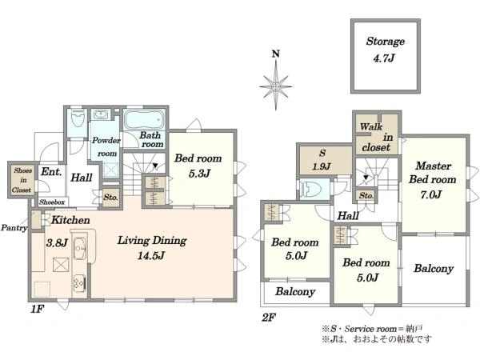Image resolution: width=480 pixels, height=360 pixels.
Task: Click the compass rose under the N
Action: pyautogui.click(x=276, y=86)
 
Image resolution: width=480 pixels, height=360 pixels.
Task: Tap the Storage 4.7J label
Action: pyautogui.click(x=385, y=50)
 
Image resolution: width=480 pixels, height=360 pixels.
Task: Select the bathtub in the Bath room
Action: pyautogui.click(x=144, y=120)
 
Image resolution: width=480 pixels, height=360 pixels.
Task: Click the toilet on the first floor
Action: pyautogui.click(x=77, y=118)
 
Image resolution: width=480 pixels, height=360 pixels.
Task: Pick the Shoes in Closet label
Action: pyautogui.click(x=22, y=180)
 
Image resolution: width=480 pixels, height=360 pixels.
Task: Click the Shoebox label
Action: pyautogui.click(x=52, y=202)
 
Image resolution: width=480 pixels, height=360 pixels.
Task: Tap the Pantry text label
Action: pyautogui.click(x=14, y=227)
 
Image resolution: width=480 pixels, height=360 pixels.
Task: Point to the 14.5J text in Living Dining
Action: pyautogui.click(x=151, y=255)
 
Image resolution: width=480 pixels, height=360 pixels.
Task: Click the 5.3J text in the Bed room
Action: pyautogui.click(x=199, y=174)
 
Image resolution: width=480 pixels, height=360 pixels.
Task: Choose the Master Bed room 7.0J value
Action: pyautogui.click(x=430, y=194)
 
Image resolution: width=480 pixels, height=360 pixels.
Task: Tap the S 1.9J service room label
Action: pyautogui.click(x=322, y=159)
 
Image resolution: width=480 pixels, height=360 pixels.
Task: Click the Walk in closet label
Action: pyautogui.click(x=376, y=137)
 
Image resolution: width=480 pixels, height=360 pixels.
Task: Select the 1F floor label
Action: pyautogui.click(x=38, y=309)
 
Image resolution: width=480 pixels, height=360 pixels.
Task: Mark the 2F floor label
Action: pyautogui.click(x=269, y=318)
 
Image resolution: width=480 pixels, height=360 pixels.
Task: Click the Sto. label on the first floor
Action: pyautogui.click(x=110, y=197)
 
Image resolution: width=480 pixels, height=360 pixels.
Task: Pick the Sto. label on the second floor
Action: pyautogui.click(x=366, y=195)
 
